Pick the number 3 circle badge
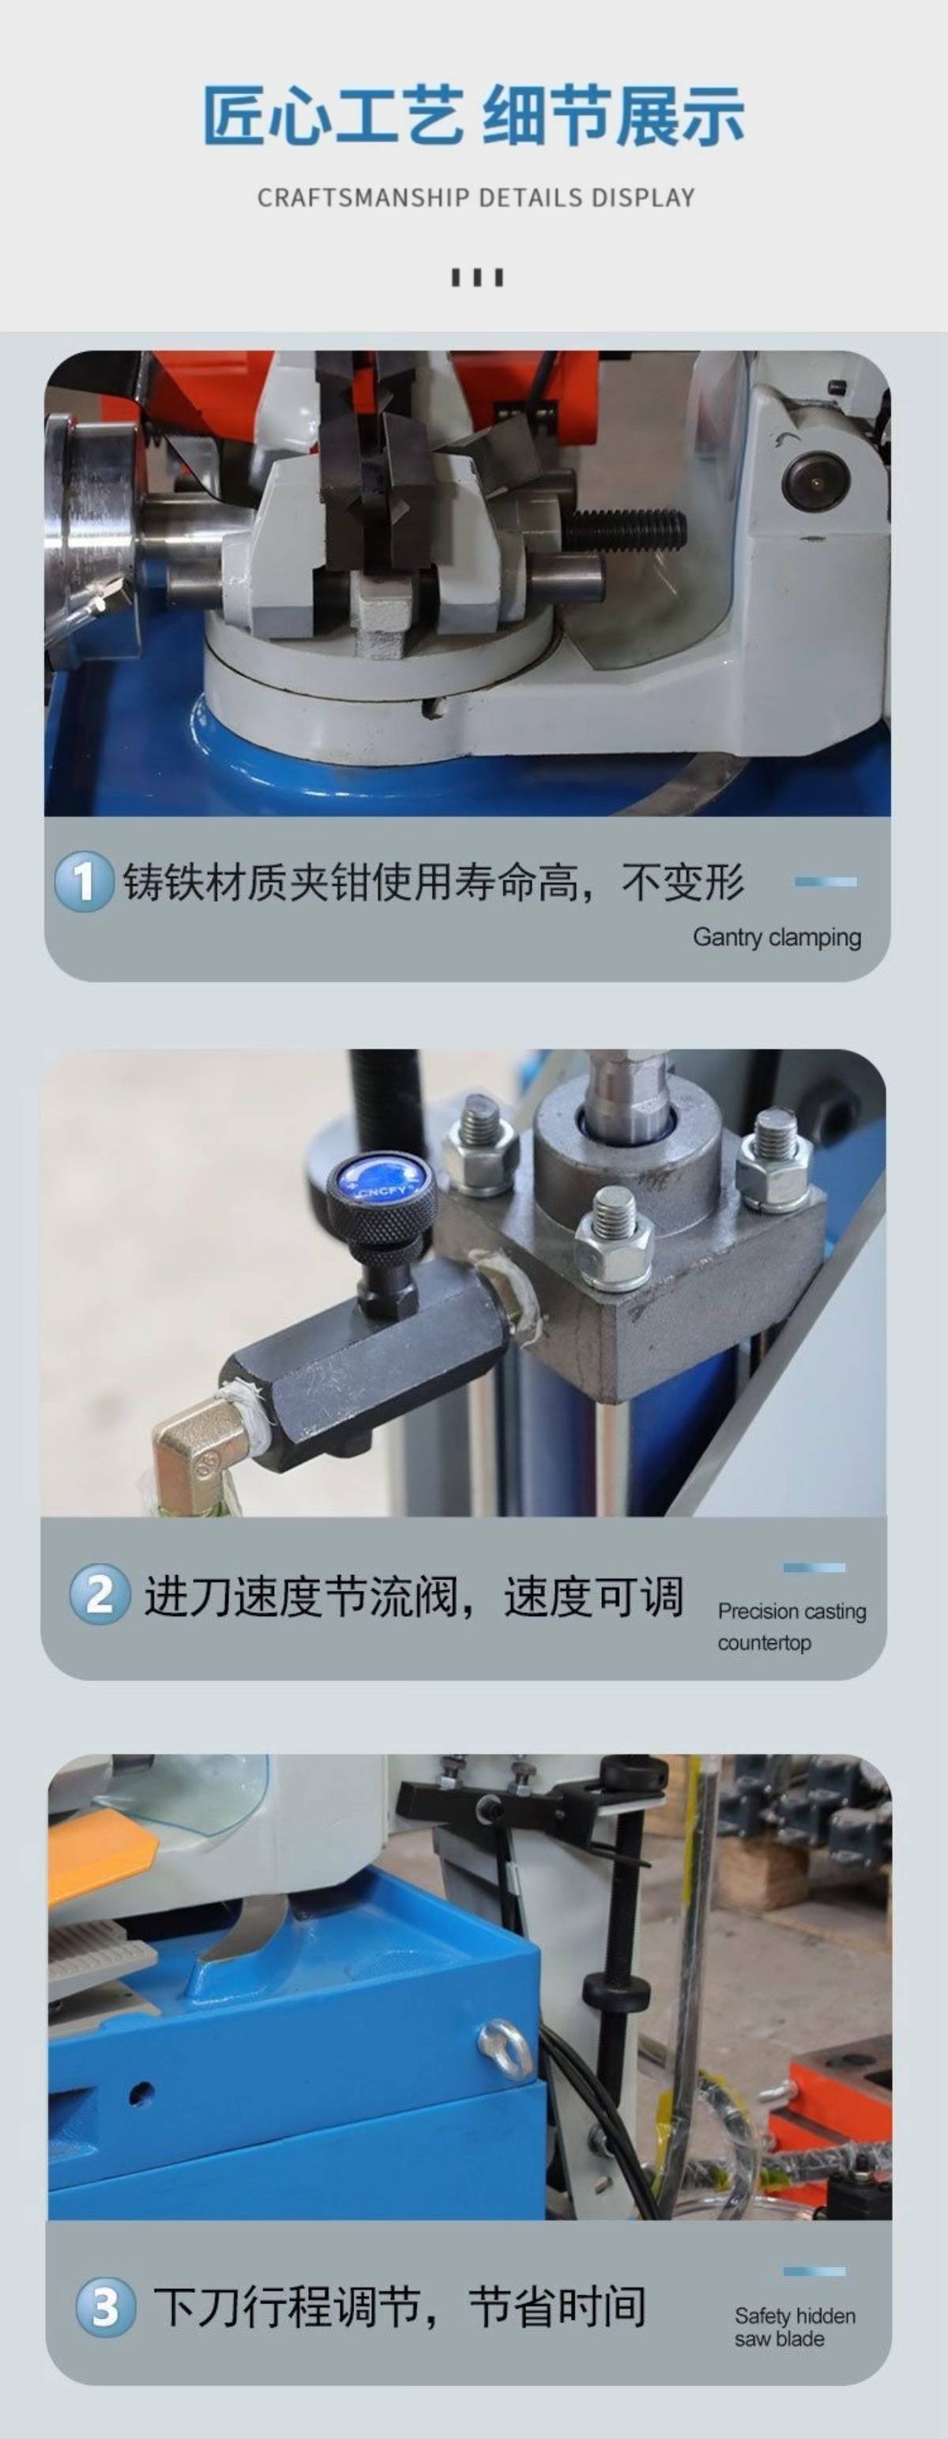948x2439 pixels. (x=105, y=2307)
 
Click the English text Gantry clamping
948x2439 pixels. (x=777, y=937)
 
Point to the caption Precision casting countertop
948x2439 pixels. (x=792, y=1627)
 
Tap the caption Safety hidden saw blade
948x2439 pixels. (x=795, y=2328)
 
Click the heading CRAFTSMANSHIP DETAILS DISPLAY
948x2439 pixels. (x=476, y=198)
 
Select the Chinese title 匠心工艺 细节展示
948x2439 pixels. (x=473, y=115)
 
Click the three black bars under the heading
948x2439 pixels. (x=476, y=277)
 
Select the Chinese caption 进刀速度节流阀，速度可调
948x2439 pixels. (x=413, y=1596)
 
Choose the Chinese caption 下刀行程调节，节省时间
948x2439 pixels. (x=400, y=2307)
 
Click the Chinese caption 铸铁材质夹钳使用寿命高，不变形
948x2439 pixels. (x=434, y=881)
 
